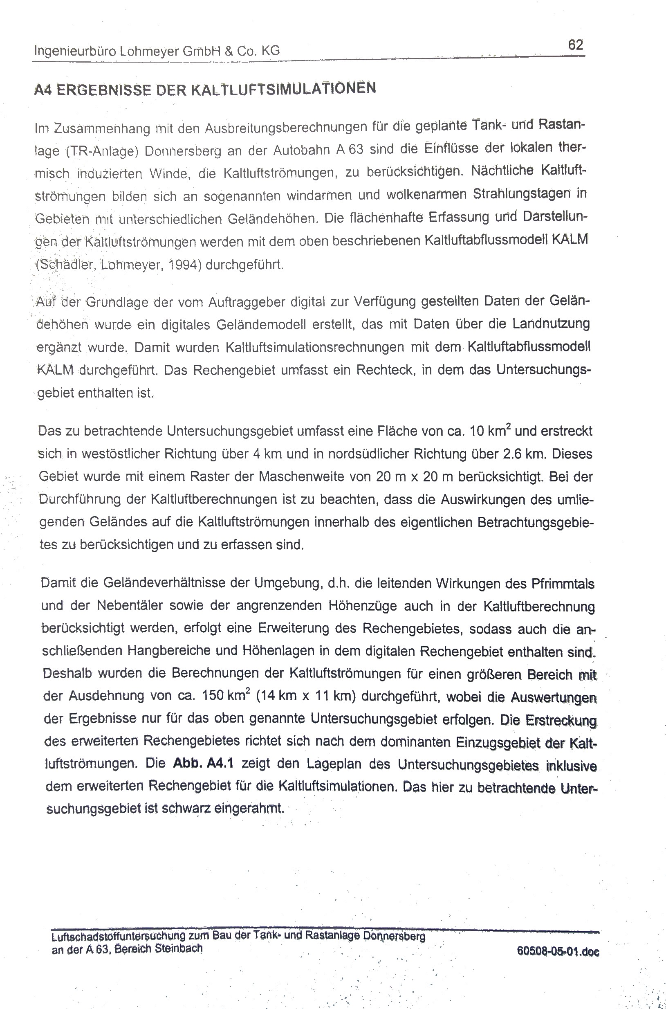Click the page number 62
[576, 45]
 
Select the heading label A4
[43, 90]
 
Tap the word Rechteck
[384, 370]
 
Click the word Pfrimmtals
[563, 583]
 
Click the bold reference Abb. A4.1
[203, 763]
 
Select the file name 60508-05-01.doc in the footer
[558, 951]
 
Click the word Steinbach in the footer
[179, 948]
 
